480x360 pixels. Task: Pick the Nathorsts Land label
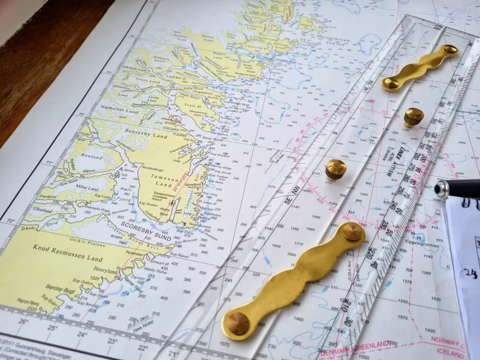pyautogui.click(x=120, y=112)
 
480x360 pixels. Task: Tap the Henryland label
pyautogui.click(x=106, y=271)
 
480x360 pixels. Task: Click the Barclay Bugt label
pyautogui.click(x=60, y=286)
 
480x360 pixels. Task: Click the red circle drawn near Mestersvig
pyautogui.click(x=175, y=120)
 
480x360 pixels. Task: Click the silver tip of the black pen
pyautogui.click(x=441, y=189)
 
